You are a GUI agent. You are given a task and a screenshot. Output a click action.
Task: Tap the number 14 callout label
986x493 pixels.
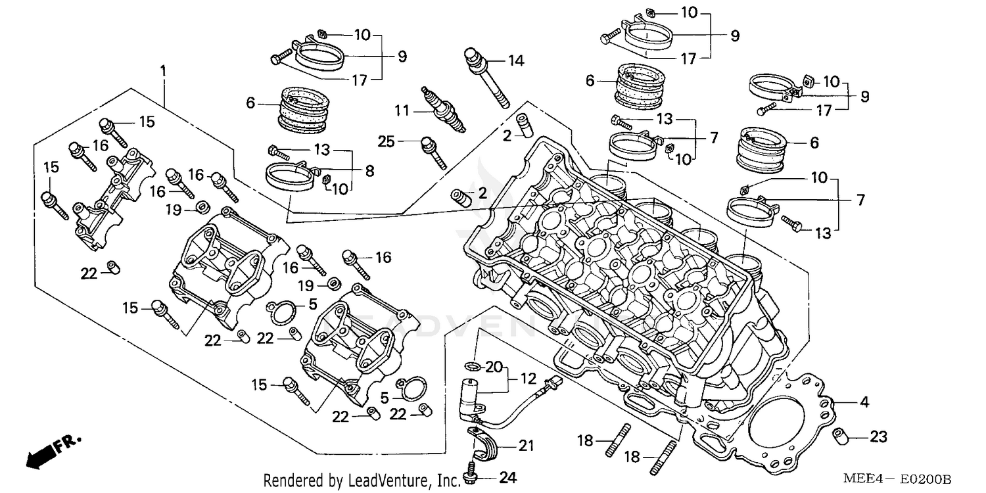pyautogui.click(x=515, y=61)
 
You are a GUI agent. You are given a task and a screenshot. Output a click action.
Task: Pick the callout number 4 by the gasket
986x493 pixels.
pyautogui.click(x=864, y=402)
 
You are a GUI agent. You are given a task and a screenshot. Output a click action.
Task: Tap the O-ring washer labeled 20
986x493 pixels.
pyautogui.click(x=471, y=365)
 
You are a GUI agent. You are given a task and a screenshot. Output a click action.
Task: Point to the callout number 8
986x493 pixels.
pyautogui.click(x=369, y=171)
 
